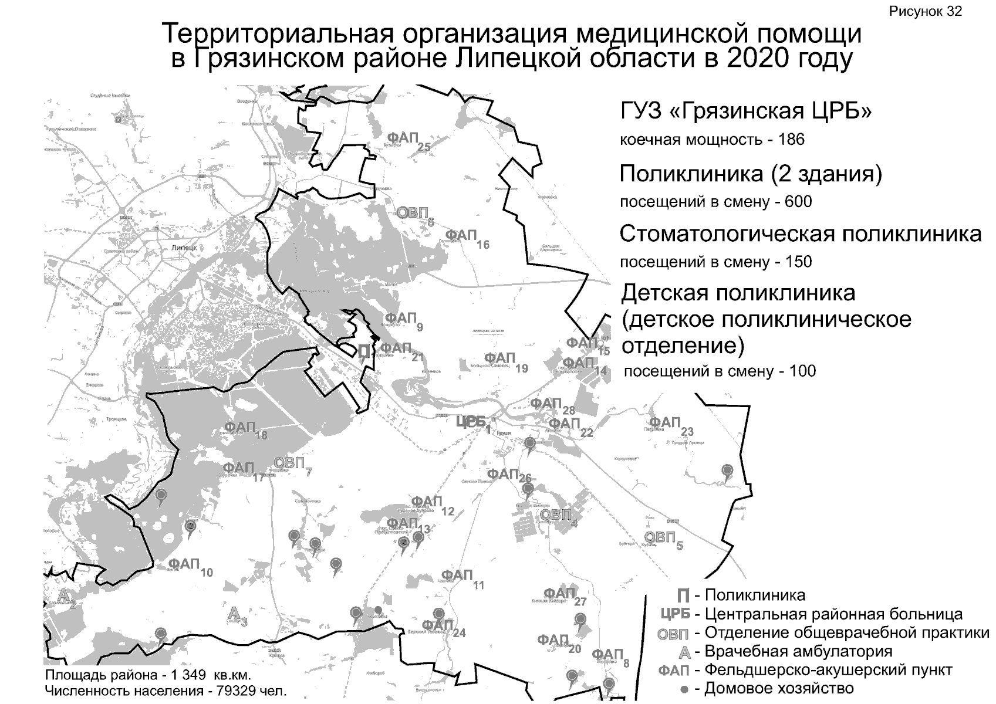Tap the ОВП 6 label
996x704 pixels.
[414, 214]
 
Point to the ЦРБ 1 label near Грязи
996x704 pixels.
[472, 422]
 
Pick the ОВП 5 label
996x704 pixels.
[662, 538]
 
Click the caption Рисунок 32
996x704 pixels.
[926, 12]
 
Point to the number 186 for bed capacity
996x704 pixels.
[792, 140]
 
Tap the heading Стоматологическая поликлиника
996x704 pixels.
[800, 233]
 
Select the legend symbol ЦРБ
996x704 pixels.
[675, 615]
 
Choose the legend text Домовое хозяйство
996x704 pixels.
[779, 688]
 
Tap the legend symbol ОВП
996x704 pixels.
[673, 634]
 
